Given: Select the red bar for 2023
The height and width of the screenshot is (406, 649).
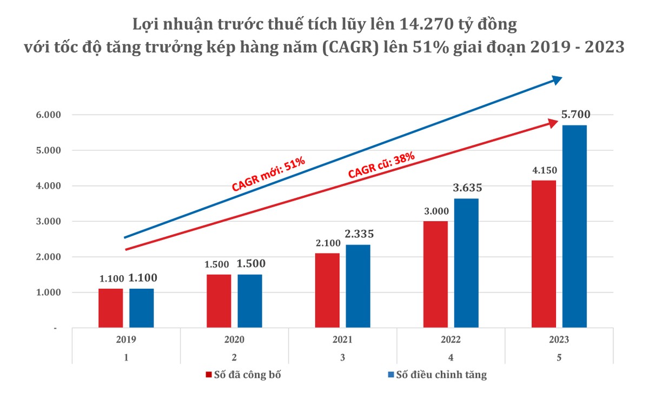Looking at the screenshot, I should tap(544, 254).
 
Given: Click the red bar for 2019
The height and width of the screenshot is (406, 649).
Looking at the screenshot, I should tap(110, 308).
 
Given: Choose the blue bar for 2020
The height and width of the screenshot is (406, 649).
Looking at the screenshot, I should tap(250, 301).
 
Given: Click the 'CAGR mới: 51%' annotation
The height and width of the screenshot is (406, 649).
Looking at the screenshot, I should tap(269, 175).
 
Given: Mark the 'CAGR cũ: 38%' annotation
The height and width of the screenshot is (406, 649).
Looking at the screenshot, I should tap(381, 165).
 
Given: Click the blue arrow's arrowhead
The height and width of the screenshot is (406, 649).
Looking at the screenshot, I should tap(556, 80).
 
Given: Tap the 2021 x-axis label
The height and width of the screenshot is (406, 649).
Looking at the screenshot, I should tap(342, 340).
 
